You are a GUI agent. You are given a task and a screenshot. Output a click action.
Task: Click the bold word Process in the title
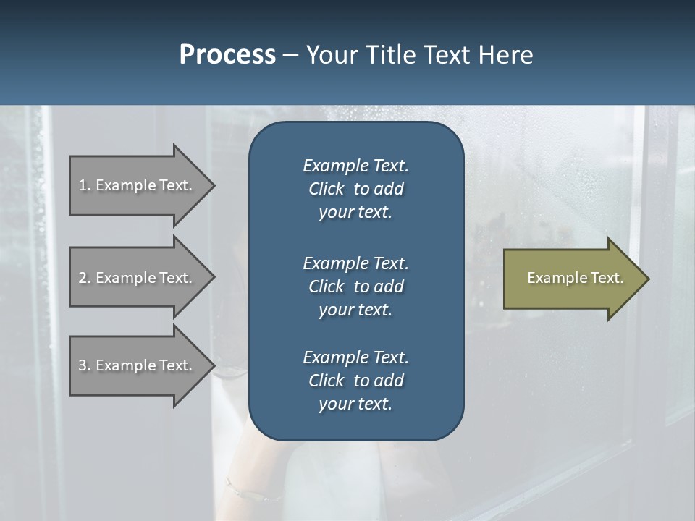[227, 54]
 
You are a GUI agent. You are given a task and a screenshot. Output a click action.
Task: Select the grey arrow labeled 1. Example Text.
[138, 185]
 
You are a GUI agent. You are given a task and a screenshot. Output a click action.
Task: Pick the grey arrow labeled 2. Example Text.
[138, 278]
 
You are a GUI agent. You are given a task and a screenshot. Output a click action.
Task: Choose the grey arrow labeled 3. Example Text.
[138, 365]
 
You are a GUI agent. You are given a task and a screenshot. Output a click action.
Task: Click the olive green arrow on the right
[572, 279]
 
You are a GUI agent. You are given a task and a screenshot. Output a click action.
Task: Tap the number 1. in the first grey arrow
[84, 185]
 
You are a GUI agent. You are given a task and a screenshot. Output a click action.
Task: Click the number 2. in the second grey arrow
[84, 278]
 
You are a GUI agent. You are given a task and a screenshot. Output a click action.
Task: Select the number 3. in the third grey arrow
[84, 365]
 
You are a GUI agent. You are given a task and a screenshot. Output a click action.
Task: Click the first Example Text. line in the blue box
[355, 166]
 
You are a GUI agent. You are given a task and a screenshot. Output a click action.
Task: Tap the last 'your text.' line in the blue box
[355, 404]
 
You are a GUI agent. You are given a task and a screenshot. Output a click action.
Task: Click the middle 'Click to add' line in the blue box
[355, 287]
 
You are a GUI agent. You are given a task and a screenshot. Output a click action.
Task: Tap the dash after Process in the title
[290, 55]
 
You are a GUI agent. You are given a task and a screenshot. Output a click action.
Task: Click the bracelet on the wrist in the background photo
[250, 491]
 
